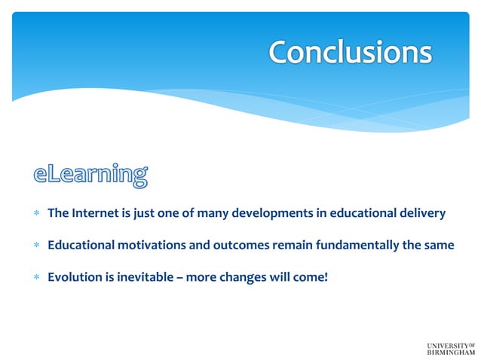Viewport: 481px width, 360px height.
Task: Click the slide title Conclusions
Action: (350, 52)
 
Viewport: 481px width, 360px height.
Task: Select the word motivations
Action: (148, 245)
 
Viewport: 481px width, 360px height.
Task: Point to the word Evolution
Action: (73, 276)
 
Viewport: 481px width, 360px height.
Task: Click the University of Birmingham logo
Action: (451, 347)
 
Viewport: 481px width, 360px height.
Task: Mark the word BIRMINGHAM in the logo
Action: (451, 352)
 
